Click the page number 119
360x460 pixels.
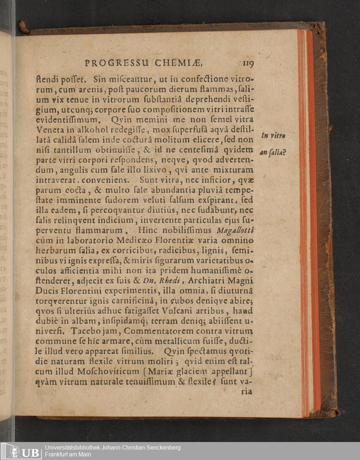pyautogui.click(x=248, y=64)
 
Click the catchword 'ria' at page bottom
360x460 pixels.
pyautogui.click(x=247, y=392)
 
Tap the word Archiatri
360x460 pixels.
pyautogui.click(x=207, y=281)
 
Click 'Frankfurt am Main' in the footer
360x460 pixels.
pyautogui.click(x=68, y=455)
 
